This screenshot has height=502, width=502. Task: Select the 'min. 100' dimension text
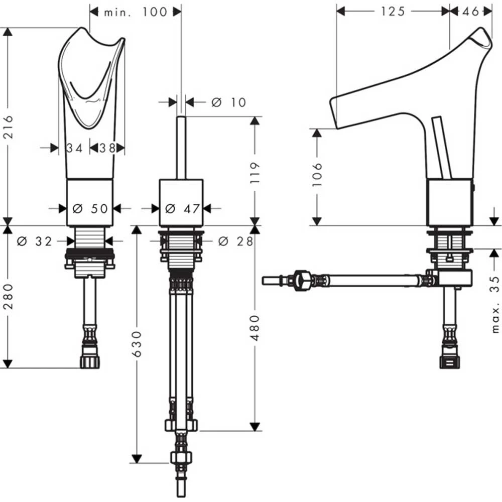(x=136, y=12)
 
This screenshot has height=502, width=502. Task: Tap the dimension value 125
(x=393, y=12)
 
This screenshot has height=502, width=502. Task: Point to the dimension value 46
(x=471, y=12)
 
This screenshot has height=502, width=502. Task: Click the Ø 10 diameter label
(x=228, y=102)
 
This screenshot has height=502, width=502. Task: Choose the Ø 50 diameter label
(x=90, y=209)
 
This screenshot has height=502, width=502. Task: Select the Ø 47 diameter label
(x=183, y=209)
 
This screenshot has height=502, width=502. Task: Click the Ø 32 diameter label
(x=35, y=241)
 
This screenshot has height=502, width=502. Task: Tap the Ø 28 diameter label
(x=235, y=241)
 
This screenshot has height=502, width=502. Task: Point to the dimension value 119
(x=255, y=173)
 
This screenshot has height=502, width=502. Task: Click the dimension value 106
(x=317, y=175)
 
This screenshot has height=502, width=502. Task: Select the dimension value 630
(x=137, y=344)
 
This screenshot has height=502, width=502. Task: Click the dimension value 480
(x=255, y=328)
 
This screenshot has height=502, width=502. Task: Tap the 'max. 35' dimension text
(x=495, y=304)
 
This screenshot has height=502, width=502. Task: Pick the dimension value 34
(x=74, y=148)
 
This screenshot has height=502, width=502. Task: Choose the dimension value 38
(x=107, y=148)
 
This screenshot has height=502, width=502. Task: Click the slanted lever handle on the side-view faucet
(x=442, y=147)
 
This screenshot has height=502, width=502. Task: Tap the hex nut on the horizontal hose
(x=302, y=281)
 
